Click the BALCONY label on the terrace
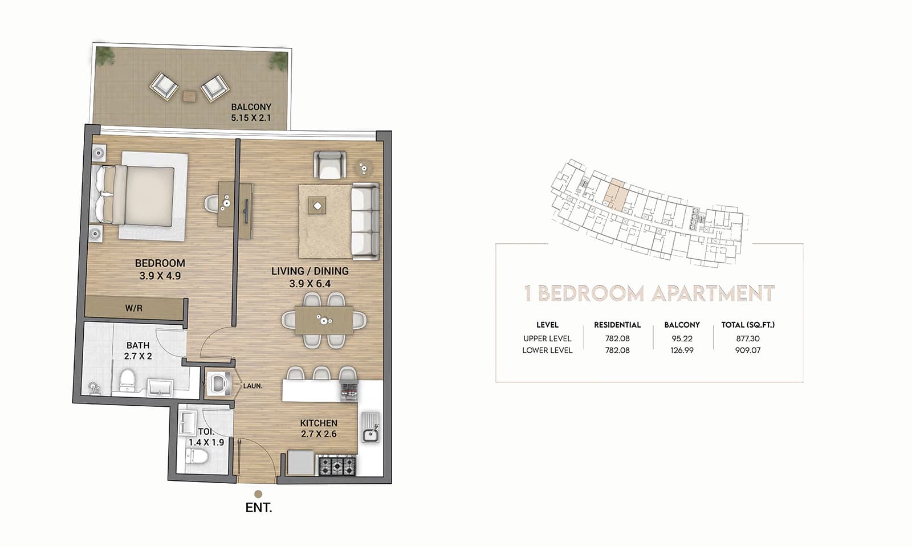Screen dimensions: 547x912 point(251,107)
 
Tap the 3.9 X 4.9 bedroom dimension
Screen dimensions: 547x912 point(160,276)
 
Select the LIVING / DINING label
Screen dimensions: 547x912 point(310,271)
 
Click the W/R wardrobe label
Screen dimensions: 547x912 point(133,308)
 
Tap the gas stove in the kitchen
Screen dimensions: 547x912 point(336,466)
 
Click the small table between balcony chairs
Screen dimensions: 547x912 point(189,96)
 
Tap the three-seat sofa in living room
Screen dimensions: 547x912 point(365,221)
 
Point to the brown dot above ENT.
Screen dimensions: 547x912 point(258,494)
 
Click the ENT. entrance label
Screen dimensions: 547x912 point(258,508)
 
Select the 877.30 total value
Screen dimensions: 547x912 point(747,338)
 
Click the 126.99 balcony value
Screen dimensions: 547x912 point(682,350)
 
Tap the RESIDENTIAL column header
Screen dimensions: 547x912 point(617,325)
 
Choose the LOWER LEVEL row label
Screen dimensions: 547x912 point(547,350)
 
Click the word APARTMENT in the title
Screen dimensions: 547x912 point(713,293)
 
